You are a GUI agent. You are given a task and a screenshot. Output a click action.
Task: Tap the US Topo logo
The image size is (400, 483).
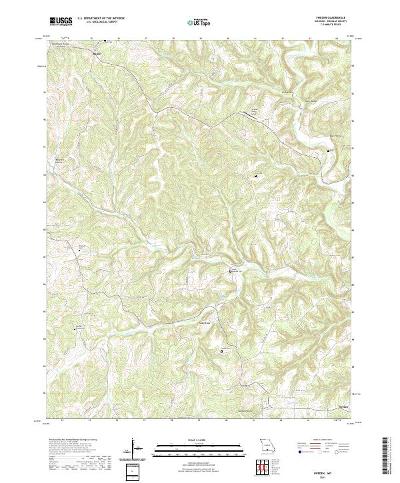coord(200,22)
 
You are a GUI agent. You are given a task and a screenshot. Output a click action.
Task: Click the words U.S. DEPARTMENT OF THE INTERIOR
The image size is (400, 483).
coord(101,19)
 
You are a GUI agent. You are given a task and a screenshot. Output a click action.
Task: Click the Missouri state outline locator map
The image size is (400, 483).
coord(267,444)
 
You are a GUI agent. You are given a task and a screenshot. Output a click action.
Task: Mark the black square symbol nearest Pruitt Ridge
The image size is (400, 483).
coord(222,351)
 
